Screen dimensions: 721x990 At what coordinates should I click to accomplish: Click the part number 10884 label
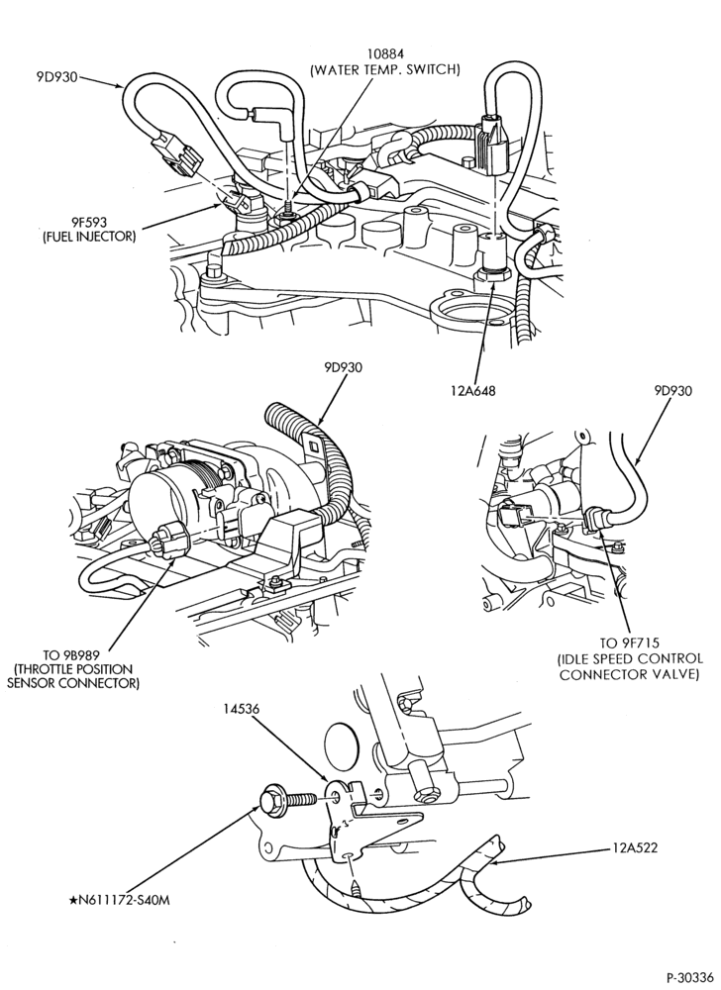(x=384, y=54)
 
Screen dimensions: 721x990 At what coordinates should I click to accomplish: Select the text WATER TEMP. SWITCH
(x=384, y=70)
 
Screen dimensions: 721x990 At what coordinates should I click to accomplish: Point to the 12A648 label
(x=472, y=390)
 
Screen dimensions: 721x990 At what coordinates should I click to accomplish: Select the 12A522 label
(x=634, y=847)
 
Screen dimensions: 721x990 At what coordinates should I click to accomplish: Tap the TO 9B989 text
(x=74, y=654)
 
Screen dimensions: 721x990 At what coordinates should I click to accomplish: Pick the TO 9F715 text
(x=629, y=643)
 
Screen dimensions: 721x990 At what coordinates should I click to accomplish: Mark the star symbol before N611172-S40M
(x=72, y=900)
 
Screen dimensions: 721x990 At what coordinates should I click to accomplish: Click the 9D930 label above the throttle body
(x=344, y=367)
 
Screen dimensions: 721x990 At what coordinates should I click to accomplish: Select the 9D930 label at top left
(x=56, y=77)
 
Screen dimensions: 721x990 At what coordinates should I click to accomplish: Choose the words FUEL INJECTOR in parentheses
(x=89, y=237)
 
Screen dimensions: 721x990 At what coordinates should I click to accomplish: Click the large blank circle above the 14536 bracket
(x=341, y=745)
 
